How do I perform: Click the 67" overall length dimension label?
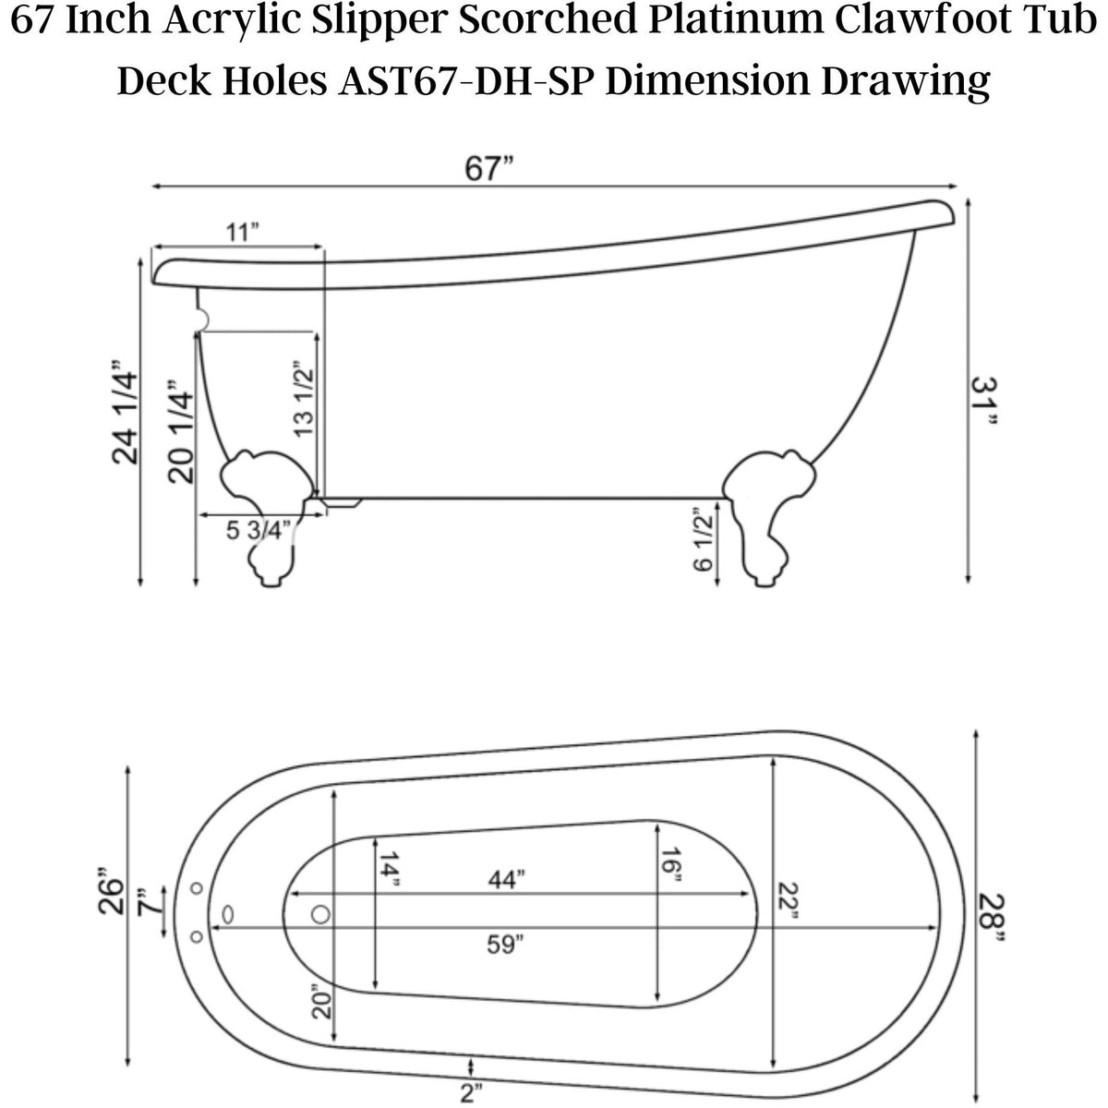click(x=489, y=169)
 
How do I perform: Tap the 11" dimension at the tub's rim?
click(x=242, y=232)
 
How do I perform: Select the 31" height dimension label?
click(x=984, y=402)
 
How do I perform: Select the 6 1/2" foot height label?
click(x=704, y=539)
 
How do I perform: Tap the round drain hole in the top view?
click(x=320, y=914)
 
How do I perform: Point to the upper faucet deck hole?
click(x=196, y=888)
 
